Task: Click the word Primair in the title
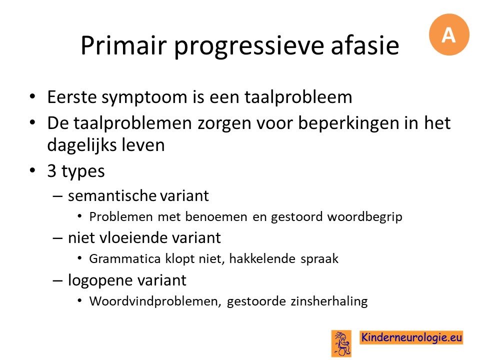click(123, 45)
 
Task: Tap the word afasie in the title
click(365, 45)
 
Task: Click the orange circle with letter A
click(449, 34)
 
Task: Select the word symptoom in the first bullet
click(144, 98)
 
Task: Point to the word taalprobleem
click(298, 98)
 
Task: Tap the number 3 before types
click(51, 171)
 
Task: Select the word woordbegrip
click(364, 217)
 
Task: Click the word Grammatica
click(125, 259)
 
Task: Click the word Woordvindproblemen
click(155, 301)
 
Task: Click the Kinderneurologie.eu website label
click(411, 337)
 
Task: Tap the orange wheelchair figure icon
click(341, 343)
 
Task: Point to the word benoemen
click(216, 217)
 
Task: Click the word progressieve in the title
click(249, 46)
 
